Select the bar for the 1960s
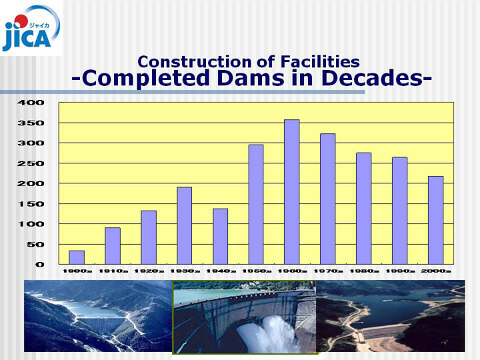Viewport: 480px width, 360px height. pos(292,192)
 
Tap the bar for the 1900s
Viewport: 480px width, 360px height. pos(77,257)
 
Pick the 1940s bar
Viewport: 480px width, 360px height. pos(221,237)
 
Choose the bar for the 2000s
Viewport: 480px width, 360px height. pos(435,220)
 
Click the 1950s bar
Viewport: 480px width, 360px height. pos(256,205)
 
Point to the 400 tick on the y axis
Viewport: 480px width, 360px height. pos(31,103)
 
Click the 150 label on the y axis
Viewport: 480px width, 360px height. pos(31,204)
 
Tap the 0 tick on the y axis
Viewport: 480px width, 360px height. pos(40,265)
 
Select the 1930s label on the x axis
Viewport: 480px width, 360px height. pos(185,271)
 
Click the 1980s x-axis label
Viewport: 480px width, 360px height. pos(364,271)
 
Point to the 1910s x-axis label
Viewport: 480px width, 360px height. pos(113,271)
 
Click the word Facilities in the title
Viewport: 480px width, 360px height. pos(320,61)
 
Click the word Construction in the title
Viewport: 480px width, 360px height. pos(195,61)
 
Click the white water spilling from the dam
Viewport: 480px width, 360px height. pos(269,334)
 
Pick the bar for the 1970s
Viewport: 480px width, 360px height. pos(328,199)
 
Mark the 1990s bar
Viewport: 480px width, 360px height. pos(400,211)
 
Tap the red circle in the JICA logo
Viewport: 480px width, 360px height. pos(21,21)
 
